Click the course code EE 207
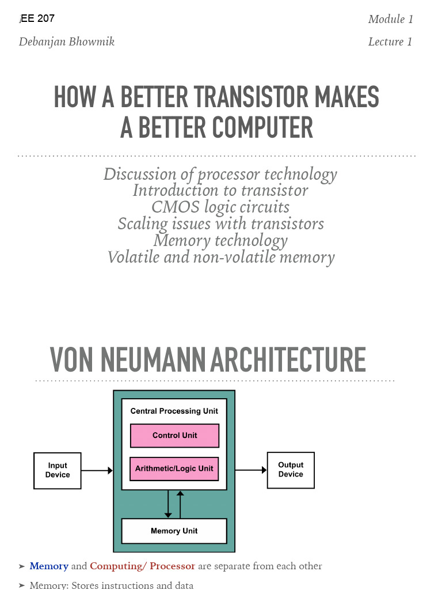(x=38, y=18)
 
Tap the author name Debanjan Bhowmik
(x=67, y=41)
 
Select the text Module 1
(x=391, y=19)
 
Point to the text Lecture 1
(x=390, y=41)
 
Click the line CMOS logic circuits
(x=220, y=207)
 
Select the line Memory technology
(x=220, y=240)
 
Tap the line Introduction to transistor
(x=220, y=190)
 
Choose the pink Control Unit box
(x=174, y=436)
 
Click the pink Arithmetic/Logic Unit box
(x=174, y=468)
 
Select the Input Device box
(x=58, y=470)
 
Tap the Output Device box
(x=291, y=470)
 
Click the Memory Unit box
(x=174, y=531)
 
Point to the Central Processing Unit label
(x=174, y=411)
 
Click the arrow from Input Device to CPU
(x=97, y=471)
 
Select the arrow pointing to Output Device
(x=251, y=470)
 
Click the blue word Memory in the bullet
(x=49, y=566)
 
